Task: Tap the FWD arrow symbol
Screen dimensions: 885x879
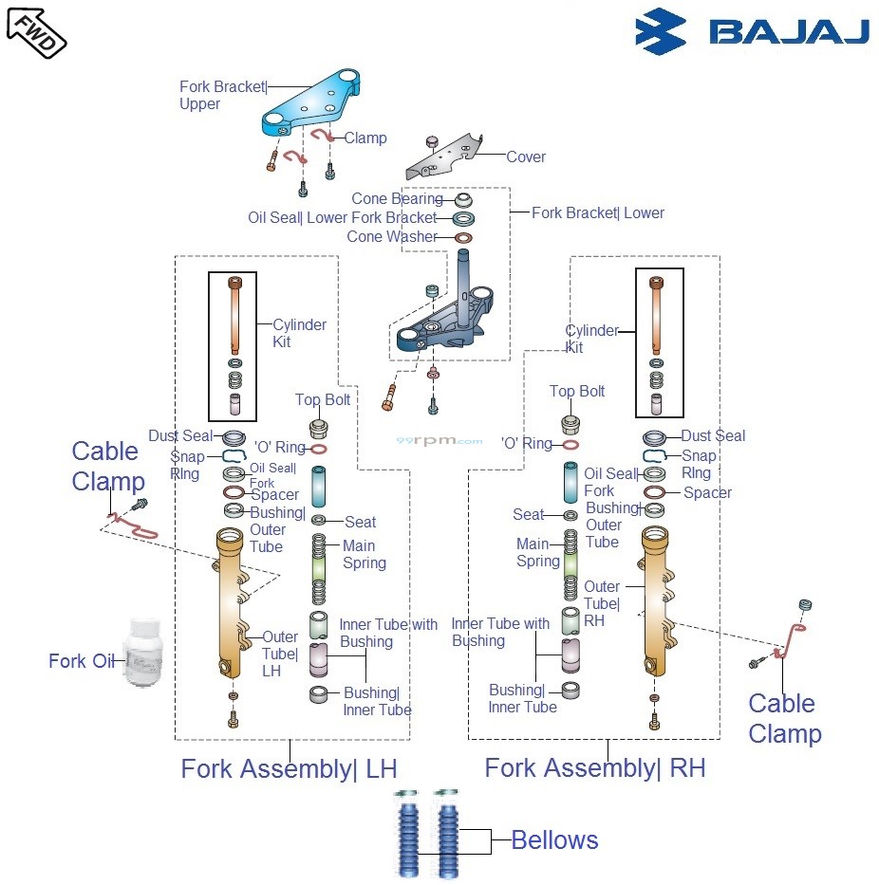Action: coord(36,30)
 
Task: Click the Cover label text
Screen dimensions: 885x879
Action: coord(526,157)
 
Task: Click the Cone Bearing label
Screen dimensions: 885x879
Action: coord(397,199)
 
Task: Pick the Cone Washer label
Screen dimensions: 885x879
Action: coord(392,236)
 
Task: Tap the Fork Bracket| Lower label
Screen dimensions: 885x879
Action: coord(598,212)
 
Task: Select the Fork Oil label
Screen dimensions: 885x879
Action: coord(81,661)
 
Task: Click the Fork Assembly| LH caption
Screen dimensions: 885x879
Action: coord(289,768)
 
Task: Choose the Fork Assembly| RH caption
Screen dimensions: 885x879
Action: coord(595,768)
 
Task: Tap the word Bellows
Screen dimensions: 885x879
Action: coord(554,840)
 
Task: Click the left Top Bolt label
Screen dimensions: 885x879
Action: coord(323,399)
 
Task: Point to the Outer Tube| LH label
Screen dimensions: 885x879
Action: coord(280,654)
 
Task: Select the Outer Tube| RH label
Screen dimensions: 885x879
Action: coord(602,603)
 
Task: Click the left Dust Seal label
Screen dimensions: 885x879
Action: coord(180,435)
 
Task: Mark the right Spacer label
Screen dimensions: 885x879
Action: coord(707,492)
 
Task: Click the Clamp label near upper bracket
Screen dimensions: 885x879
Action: coord(365,138)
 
